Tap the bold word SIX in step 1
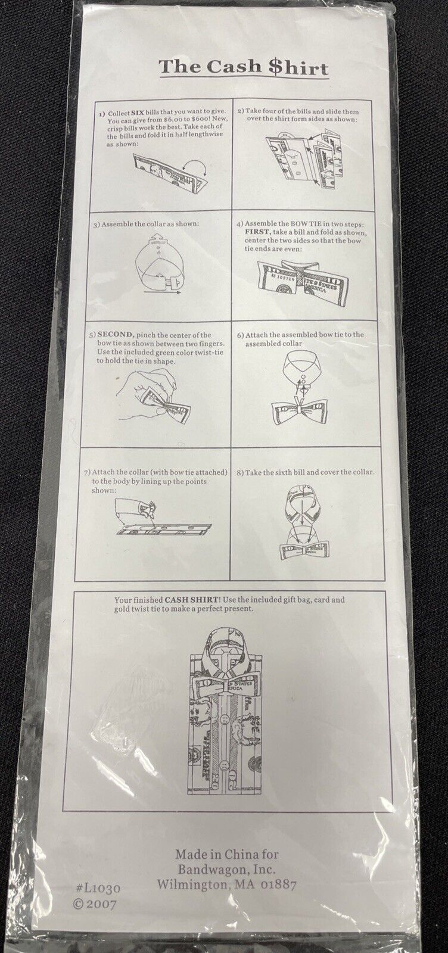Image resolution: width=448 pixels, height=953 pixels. pos(138,114)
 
